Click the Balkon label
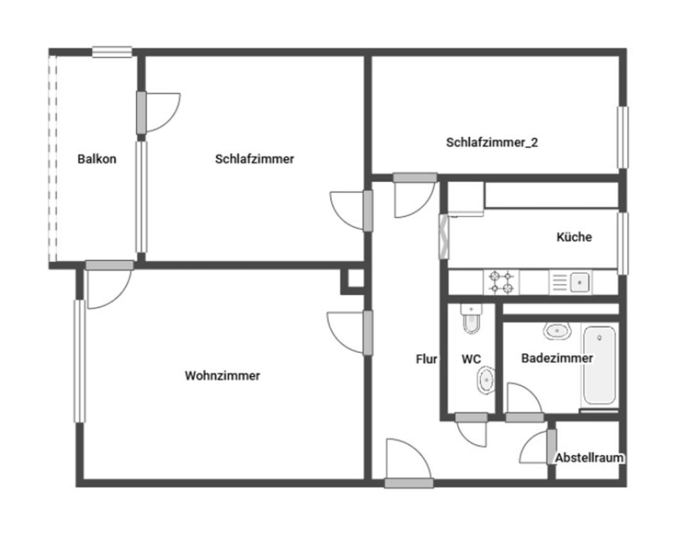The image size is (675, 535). [97, 159]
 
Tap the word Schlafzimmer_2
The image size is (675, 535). [492, 142]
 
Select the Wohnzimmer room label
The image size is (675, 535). [222, 376]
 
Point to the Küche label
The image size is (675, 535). [574, 237]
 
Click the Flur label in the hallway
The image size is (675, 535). [426, 359]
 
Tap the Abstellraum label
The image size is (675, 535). [589, 458]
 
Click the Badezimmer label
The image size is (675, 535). [556, 358]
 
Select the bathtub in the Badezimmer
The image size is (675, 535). [599, 365]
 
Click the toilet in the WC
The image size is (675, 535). [471, 318]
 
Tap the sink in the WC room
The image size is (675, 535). [486, 380]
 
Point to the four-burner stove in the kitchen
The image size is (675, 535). [502, 282]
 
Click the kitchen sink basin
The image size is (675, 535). [580, 282]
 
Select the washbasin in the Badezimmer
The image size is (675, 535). [557, 331]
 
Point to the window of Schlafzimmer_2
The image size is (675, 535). [622, 137]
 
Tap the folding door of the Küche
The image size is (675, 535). [444, 237]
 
